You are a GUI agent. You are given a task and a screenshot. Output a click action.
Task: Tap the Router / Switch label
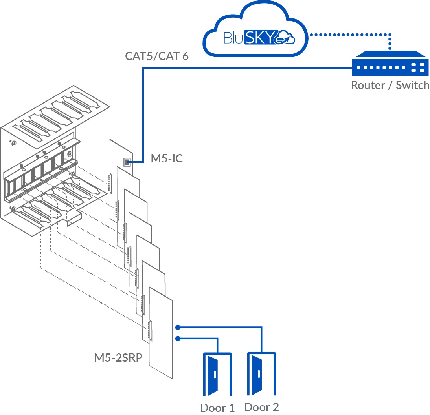point(390,85)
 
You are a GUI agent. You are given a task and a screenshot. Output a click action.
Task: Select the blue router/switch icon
point(390,65)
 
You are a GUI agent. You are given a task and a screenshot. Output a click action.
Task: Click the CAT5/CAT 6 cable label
point(157,56)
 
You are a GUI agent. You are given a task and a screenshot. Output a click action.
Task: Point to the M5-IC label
point(167,159)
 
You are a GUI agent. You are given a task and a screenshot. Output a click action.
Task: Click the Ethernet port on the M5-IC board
point(127,162)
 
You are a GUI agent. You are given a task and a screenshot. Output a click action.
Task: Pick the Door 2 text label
point(262,407)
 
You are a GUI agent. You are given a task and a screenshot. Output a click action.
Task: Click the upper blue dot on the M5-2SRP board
point(178,327)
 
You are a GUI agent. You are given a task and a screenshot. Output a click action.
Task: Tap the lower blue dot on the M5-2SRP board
point(178,339)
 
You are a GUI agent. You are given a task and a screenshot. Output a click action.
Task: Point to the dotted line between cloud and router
point(350,35)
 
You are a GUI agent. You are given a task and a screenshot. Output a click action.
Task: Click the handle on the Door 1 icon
point(215,375)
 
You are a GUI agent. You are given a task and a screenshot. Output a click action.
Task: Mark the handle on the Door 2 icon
point(260,375)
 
